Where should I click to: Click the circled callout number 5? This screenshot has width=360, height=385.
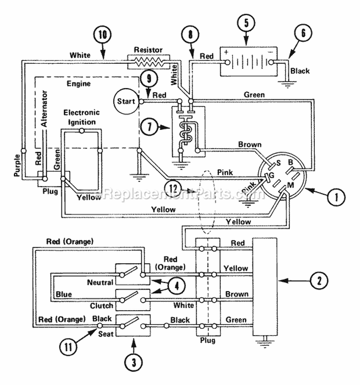(x=246, y=23)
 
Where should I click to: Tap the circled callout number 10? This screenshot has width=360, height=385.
(x=102, y=35)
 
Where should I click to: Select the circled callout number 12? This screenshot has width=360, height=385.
(x=173, y=188)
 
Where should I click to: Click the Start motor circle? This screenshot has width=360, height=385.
(x=126, y=102)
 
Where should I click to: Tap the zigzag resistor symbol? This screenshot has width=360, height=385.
(x=149, y=62)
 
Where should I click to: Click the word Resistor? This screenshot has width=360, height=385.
(x=148, y=50)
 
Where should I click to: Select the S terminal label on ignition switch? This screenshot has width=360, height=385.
(x=278, y=163)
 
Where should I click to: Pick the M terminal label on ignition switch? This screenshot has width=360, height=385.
(x=290, y=185)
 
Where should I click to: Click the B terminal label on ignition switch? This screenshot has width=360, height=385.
(x=290, y=163)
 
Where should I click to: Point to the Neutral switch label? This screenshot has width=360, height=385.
(x=100, y=282)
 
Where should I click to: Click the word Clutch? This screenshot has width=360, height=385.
(x=101, y=306)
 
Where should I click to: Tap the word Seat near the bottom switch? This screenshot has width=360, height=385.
(x=106, y=334)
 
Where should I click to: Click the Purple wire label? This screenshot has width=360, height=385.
(x=17, y=165)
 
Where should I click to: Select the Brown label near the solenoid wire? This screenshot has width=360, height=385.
(x=250, y=144)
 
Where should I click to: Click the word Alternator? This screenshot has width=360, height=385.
(x=45, y=108)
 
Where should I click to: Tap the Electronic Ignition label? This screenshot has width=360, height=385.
(x=82, y=117)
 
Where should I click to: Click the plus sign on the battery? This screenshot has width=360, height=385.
(x=226, y=52)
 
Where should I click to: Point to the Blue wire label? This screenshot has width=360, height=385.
(x=64, y=294)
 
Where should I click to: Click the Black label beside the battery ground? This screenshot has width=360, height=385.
(x=300, y=71)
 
